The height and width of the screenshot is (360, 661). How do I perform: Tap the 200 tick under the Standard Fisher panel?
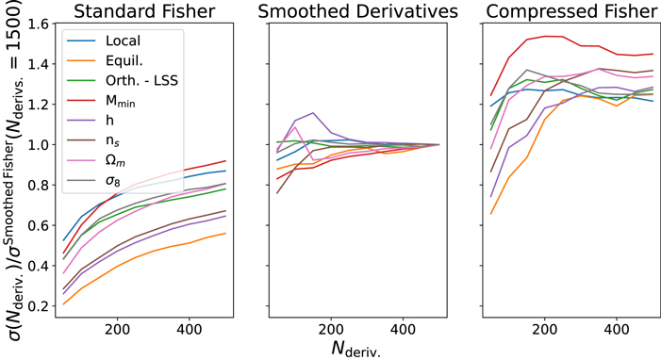(118, 329)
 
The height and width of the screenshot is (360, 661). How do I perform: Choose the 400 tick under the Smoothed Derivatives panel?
(404, 329)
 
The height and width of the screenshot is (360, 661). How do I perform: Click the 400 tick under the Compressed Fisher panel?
(617, 329)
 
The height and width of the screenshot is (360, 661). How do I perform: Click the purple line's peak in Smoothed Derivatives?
(313, 113)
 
